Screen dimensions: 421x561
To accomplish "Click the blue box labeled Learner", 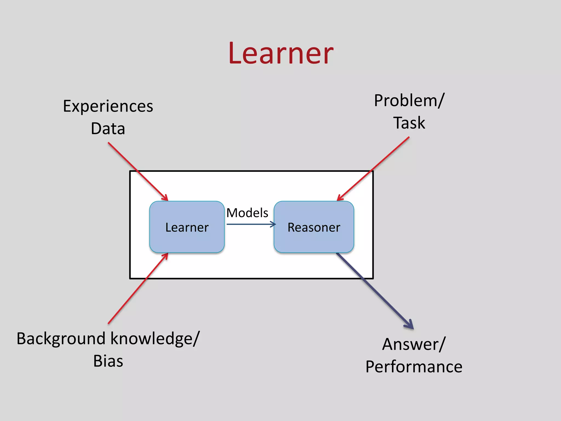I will (x=187, y=227).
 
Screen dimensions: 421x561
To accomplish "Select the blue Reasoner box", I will (x=314, y=227).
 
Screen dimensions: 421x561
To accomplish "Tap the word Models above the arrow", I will (x=247, y=213).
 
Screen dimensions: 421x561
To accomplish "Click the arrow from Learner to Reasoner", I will (x=251, y=224).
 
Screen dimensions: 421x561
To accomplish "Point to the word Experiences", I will (x=108, y=106).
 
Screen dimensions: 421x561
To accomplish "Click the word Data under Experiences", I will (x=108, y=129).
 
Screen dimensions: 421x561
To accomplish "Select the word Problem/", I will (x=409, y=101).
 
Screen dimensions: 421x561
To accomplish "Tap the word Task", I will (x=409, y=123).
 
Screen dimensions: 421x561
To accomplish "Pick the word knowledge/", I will (x=155, y=339).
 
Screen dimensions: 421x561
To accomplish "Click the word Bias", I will (x=108, y=361).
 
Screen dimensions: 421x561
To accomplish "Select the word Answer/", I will (x=414, y=344).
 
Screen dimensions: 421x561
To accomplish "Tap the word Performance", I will (x=414, y=367).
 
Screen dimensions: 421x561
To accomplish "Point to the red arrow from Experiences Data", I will (x=137, y=171).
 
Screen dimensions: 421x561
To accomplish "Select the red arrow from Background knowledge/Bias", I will (x=137, y=289).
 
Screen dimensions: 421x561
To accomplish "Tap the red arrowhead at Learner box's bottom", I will (x=165, y=255).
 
